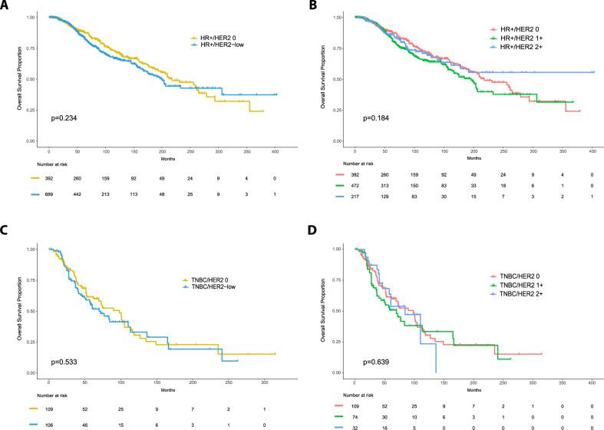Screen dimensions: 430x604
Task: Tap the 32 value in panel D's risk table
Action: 355,425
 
